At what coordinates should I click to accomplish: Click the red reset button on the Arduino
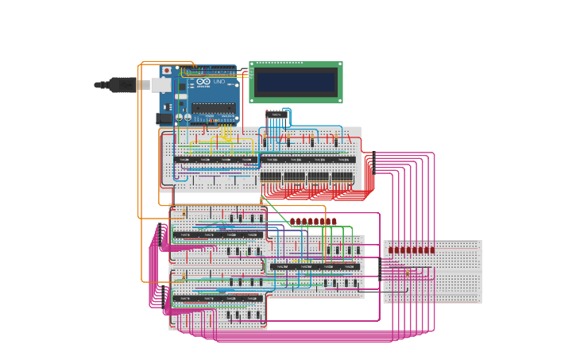pos(167,71)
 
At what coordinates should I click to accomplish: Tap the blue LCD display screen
pos(296,82)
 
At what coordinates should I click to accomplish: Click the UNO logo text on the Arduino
pos(218,82)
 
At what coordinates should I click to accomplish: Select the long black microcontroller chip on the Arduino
pos(212,108)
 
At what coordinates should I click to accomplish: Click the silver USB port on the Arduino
pos(160,84)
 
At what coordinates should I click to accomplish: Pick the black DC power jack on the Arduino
pos(162,118)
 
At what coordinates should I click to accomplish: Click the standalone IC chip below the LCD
pos(276,116)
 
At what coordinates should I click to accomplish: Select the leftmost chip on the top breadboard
pos(184,160)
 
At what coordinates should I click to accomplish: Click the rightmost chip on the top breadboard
pos(342,160)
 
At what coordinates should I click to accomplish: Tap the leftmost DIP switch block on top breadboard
pos(271,176)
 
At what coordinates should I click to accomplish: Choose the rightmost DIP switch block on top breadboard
pos(342,176)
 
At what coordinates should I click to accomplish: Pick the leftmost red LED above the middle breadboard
pos(292,221)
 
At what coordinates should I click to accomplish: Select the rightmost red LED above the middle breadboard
pos(334,221)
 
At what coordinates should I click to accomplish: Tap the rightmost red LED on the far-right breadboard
pos(431,250)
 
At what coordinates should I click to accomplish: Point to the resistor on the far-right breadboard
pos(407,273)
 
